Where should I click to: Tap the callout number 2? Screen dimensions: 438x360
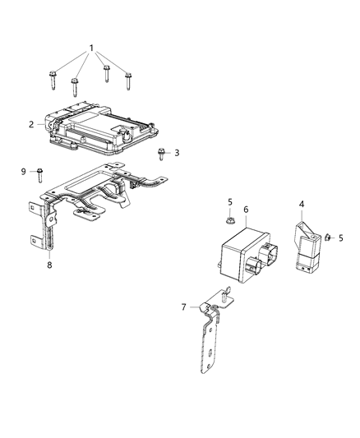[x=31, y=125]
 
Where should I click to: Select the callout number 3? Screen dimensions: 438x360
[x=176, y=152]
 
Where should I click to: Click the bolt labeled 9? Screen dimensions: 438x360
[x=40, y=172]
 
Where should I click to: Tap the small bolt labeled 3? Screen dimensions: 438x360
[x=162, y=152]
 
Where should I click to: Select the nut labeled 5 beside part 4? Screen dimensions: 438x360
[x=326, y=238]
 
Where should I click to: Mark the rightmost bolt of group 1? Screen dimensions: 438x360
[x=127, y=80]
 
